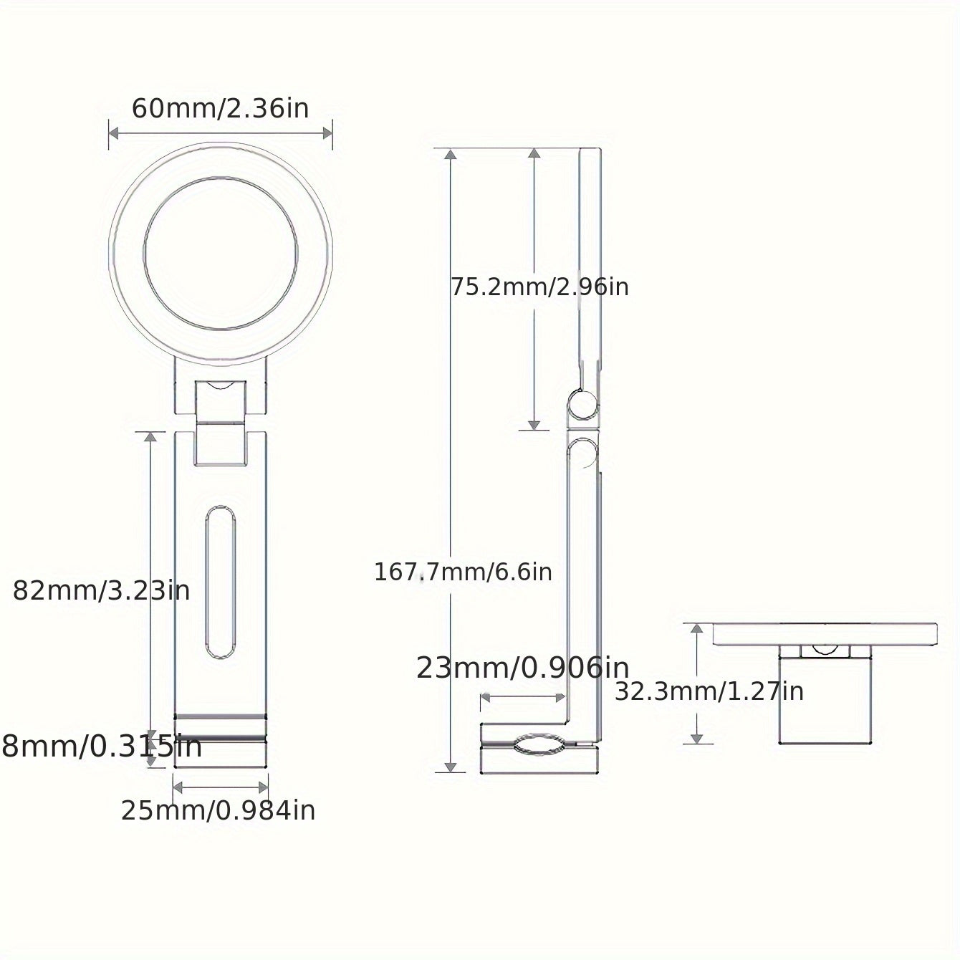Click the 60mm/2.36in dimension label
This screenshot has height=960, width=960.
(x=220, y=109)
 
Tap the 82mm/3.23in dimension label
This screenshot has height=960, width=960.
(x=101, y=591)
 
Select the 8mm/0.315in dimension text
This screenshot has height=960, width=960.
(x=102, y=747)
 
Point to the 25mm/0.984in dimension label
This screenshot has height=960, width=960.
(x=219, y=810)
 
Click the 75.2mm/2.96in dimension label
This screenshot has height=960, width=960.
(x=539, y=287)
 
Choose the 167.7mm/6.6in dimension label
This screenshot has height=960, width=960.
(x=463, y=572)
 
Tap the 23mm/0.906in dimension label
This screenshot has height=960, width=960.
(x=522, y=668)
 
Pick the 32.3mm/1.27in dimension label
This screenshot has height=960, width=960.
(x=709, y=691)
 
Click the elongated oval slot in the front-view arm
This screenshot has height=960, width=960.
(x=220, y=582)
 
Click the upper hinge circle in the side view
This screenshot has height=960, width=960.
(x=583, y=405)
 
